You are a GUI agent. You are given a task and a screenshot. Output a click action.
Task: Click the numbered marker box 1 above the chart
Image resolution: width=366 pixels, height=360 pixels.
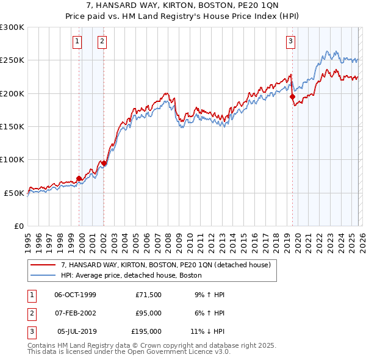pos(77,41)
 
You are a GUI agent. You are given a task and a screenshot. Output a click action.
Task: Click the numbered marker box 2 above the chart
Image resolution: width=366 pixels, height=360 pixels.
pos(102,41)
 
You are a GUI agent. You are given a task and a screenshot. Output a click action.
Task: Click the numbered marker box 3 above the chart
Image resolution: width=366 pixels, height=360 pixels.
pos(291,41)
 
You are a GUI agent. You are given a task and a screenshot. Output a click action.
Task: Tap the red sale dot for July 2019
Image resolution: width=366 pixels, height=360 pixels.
pos(292,96)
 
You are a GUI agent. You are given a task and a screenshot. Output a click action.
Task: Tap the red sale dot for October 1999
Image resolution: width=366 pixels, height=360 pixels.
pos(79,178)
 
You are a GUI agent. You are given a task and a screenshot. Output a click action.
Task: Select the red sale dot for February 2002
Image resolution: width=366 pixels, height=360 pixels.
pos(104,163)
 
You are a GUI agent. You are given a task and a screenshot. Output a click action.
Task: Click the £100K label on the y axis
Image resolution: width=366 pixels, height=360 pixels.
pos(12,159)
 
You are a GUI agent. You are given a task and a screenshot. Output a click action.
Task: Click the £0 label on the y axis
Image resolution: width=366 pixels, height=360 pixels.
pos(18,226)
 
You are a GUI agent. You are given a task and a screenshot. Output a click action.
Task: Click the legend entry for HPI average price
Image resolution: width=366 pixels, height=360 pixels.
pos(135,275)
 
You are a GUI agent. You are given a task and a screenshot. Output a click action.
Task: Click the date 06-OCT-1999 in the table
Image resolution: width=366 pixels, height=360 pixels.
pos(75,295)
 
